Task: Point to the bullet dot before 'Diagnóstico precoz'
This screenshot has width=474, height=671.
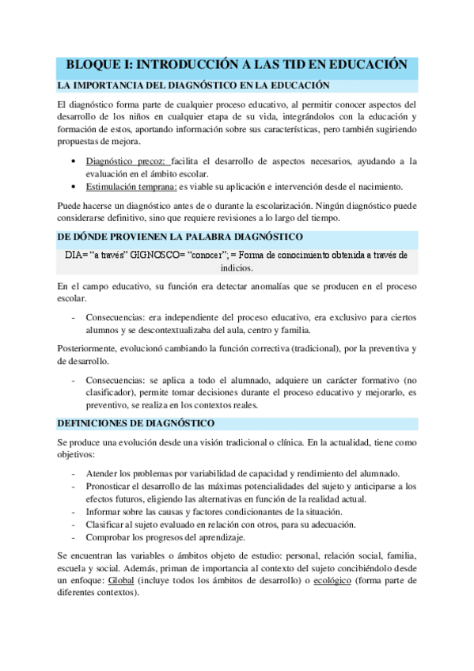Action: tap(74, 161)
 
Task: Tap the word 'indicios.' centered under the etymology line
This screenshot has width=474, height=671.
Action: tap(237, 267)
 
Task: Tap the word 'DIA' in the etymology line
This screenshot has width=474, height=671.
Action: tap(74, 255)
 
